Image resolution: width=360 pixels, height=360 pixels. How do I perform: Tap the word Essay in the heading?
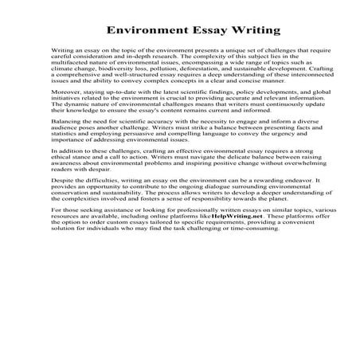(x=207, y=32)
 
